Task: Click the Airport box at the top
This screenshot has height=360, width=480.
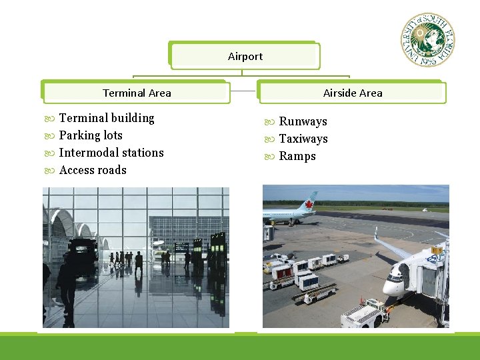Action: pos(245,57)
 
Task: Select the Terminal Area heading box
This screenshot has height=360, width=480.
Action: pos(137,93)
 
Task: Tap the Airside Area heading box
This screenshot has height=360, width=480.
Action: pos(352,93)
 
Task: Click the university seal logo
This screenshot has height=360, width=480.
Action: pos(427,39)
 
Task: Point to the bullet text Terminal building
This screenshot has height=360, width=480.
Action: pos(107,118)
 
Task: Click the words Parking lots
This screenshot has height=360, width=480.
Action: pos(91,135)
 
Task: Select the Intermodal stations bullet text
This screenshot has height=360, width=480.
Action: pos(111,153)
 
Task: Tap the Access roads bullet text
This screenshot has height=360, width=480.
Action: pos(93,170)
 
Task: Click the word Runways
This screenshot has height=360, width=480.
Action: pos(303,121)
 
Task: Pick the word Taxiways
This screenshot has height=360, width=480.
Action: pos(303,139)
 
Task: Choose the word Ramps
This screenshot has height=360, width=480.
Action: pos(297,156)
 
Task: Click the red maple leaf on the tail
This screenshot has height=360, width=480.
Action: pos(309,202)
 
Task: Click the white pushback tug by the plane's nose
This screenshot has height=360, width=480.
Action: pos(364,313)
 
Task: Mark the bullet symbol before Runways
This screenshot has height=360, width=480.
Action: pos(269,122)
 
